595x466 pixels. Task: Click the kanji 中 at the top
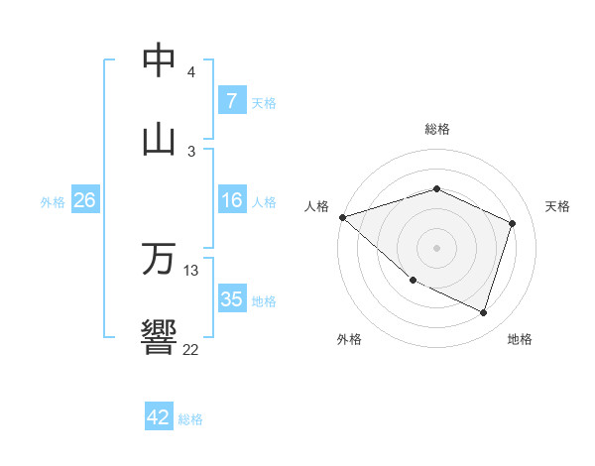coord(159,61)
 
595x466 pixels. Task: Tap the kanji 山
coord(159,140)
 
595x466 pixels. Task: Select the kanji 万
coord(159,259)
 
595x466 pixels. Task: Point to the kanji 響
coord(159,337)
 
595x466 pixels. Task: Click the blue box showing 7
coord(231,101)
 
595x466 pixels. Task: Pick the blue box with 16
coord(231,201)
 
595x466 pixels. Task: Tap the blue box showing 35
coord(231,300)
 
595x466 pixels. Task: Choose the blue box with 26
coord(84,201)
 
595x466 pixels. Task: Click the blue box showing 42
coord(159,417)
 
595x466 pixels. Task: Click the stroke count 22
coord(190,349)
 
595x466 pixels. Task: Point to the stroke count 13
coord(191,270)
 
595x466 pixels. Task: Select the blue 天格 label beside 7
coord(264,102)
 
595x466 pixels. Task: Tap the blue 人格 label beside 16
coord(264,202)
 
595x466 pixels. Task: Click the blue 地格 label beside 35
coord(264,301)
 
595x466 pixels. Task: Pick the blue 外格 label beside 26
coord(53,202)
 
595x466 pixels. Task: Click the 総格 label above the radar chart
coord(437,129)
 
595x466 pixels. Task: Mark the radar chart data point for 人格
coord(342,217)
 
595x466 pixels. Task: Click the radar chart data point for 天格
coord(513,223)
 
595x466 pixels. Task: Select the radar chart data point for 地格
coord(483,312)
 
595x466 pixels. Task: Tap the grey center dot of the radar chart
coord(437,248)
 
